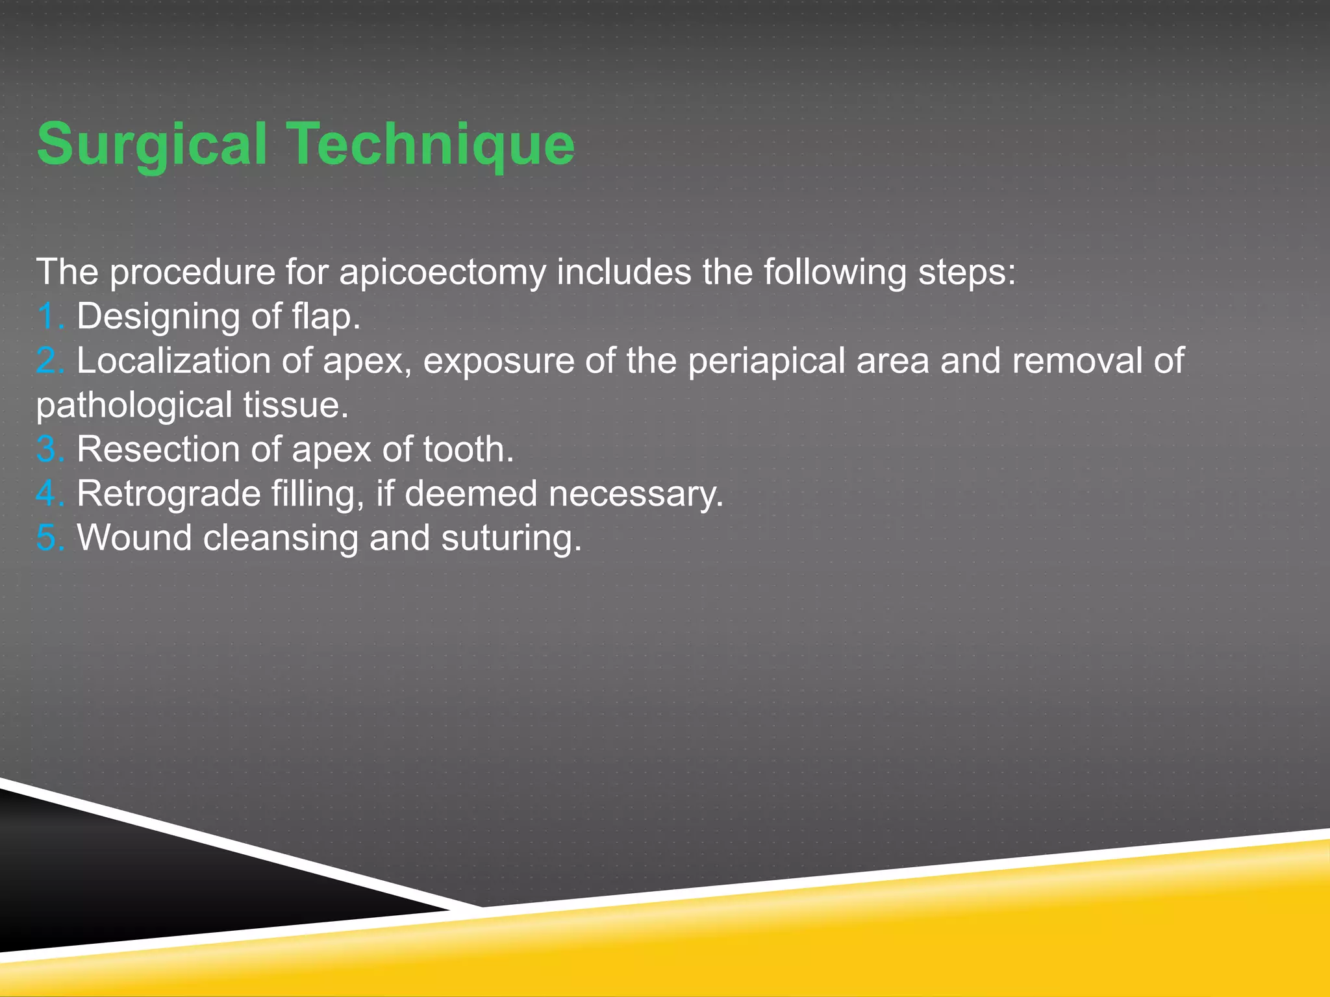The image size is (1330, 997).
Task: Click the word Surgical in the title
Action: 152,144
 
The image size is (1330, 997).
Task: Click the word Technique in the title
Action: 431,144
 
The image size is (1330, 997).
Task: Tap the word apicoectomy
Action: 443,272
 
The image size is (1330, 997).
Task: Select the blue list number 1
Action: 47,317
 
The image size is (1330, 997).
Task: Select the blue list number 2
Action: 49,361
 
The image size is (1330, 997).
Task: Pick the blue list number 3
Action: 49,450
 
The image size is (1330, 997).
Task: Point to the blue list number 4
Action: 49,494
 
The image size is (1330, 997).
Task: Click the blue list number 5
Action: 49,538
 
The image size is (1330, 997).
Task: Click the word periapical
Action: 766,361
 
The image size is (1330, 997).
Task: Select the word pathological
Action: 134,406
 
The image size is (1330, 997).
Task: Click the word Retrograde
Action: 169,494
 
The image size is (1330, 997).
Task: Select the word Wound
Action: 134,538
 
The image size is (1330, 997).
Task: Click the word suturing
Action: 510,539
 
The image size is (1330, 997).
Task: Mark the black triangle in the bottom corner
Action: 130,883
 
